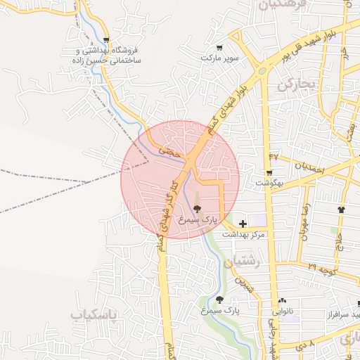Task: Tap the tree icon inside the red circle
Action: pyautogui.click(x=197, y=209)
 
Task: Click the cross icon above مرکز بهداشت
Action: pyautogui.click(x=243, y=223)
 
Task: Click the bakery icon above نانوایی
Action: pyautogui.click(x=282, y=300)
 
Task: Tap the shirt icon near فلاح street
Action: pyautogui.click(x=341, y=209)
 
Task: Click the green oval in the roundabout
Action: pyautogui.click(x=262, y=70)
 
